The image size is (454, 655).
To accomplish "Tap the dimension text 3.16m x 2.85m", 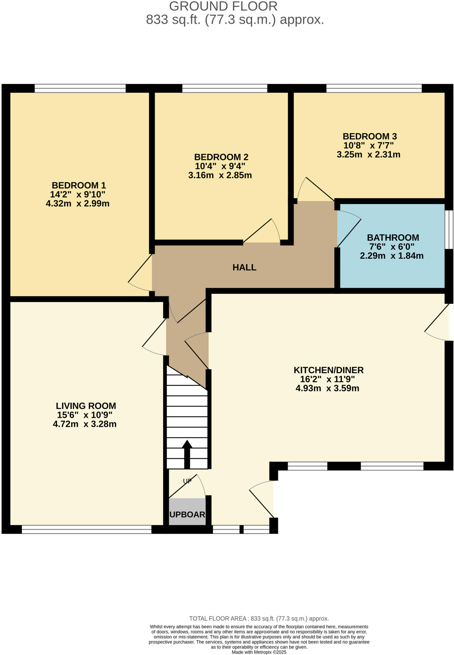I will coord(220,175).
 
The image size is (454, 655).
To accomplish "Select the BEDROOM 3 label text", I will coord(370,136).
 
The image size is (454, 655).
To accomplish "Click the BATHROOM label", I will coord(393,238).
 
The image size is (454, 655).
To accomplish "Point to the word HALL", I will coord(244,267).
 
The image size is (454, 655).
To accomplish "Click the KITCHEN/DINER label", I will coord(329,370).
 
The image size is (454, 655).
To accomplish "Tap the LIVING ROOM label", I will coord(86,406).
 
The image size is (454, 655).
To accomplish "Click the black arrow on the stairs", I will coord(187,454).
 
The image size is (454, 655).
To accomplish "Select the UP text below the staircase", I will coord(187,481).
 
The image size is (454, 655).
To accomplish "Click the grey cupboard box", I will coord(187,512).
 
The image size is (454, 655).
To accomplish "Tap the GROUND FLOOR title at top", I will coord(223,6).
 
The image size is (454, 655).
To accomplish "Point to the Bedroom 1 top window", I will coord(80,89).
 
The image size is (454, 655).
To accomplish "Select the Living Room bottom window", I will coord(86,529).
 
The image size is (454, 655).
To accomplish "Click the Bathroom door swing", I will coord(349,229).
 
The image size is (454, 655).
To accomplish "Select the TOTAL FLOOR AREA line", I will coord(259,619).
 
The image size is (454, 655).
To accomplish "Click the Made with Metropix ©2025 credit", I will coord(259,652).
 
